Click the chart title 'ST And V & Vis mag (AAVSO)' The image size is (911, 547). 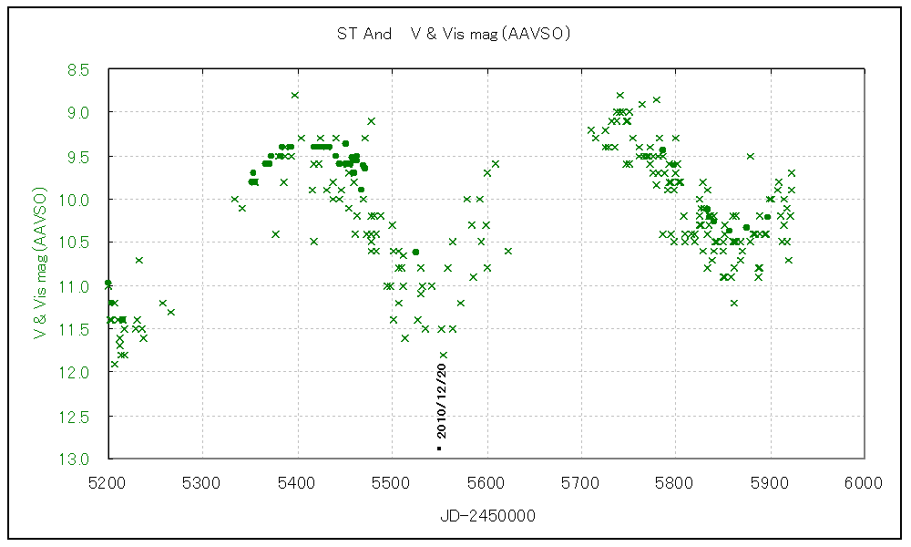[453, 35]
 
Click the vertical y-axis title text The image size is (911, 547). [40, 264]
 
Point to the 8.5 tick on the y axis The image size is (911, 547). [78, 69]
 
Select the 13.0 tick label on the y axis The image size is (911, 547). [77, 459]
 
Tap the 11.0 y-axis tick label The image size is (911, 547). [77, 286]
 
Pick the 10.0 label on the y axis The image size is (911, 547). [77, 200]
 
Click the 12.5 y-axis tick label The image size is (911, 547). [77, 417]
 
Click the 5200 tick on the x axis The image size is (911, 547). [107, 481]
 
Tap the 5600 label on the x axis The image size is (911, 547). [486, 481]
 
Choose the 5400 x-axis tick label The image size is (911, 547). [297, 481]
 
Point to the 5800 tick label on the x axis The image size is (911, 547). [675, 481]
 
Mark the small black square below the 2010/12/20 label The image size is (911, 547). [439, 449]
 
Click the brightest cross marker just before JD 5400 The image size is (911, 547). [294, 95]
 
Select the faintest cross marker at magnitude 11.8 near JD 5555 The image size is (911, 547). [444, 355]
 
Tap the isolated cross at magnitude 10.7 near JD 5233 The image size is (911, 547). [138, 260]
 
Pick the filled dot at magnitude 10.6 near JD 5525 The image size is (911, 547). [415, 252]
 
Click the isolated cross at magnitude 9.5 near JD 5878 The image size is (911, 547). [750, 156]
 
